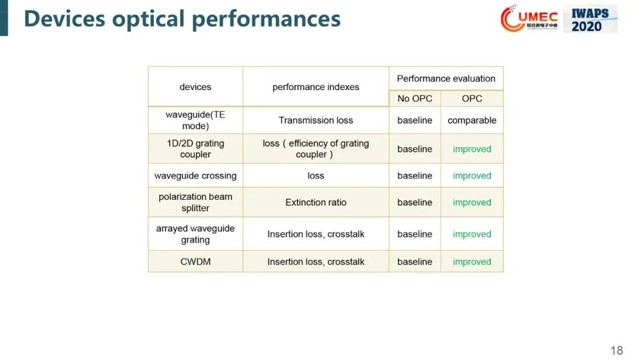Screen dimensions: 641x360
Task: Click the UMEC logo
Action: click(529, 18)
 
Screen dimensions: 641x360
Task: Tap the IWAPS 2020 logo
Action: click(590, 19)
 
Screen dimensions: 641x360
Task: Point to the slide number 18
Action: click(617, 350)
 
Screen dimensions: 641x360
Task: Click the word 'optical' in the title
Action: click(148, 19)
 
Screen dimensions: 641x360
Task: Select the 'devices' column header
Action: click(195, 87)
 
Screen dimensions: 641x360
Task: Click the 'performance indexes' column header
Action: click(316, 87)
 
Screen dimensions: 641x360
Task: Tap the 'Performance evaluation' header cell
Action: click(446, 78)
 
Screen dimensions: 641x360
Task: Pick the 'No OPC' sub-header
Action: click(414, 98)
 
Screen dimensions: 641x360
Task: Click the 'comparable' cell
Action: click(472, 120)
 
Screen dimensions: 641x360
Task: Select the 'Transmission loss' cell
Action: click(316, 120)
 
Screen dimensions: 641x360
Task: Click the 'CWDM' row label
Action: click(195, 262)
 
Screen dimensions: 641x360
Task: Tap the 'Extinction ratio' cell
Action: click(316, 202)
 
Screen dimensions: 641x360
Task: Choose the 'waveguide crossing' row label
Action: click(195, 176)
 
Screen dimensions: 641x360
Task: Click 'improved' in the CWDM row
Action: click(472, 262)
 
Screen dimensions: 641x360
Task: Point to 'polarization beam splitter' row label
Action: click(195, 202)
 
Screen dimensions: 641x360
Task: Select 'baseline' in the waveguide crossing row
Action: click(414, 176)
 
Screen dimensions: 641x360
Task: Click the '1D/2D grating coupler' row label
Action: click(195, 149)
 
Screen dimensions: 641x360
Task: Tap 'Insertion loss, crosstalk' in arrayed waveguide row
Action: click(316, 234)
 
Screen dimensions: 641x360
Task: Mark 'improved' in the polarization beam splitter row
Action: click(472, 202)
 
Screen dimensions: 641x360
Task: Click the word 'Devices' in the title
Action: click(65, 18)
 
